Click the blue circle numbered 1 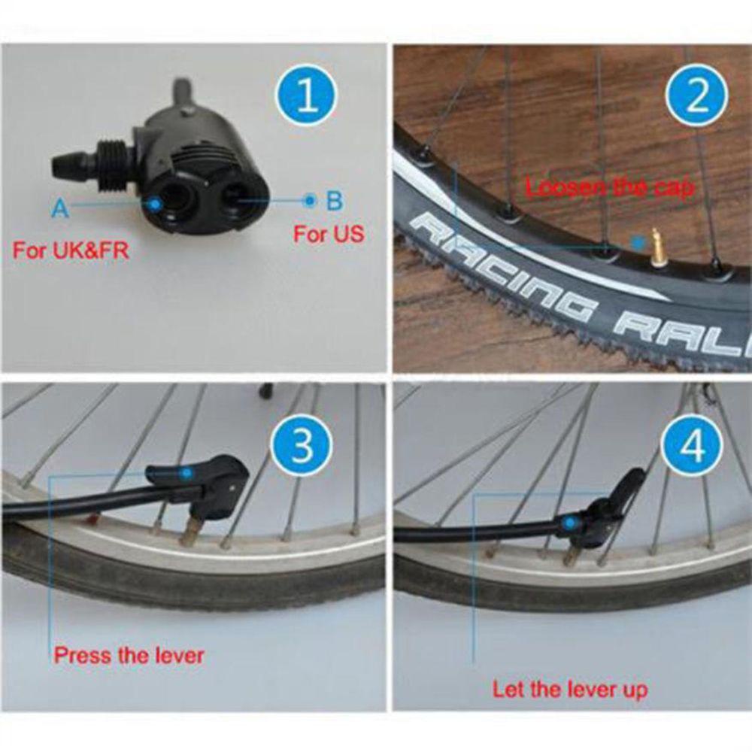[307, 99]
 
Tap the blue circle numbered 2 [697, 99]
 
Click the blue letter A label [60, 208]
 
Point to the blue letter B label [334, 201]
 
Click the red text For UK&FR [70, 250]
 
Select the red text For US [329, 234]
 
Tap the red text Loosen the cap [608, 187]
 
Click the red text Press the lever [129, 655]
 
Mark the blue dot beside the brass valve [638, 242]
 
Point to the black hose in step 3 [75, 505]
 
